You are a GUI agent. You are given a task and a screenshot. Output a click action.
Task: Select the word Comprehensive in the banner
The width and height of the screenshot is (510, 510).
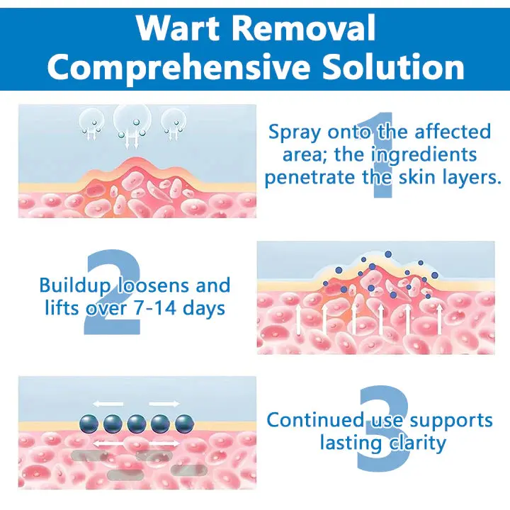pyautogui.click(x=178, y=67)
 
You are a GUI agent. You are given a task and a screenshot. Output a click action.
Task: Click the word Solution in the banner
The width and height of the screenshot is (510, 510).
pyautogui.click(x=393, y=66)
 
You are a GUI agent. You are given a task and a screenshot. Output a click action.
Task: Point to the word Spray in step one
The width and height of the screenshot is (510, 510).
pyautogui.click(x=295, y=132)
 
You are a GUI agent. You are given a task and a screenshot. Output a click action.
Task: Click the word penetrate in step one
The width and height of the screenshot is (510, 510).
pyautogui.click(x=310, y=178)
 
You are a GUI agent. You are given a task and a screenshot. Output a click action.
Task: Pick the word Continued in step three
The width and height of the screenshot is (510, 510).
pyautogui.click(x=314, y=419)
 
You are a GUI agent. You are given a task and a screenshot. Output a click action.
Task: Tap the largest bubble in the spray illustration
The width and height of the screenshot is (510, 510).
pyautogui.click(x=132, y=120)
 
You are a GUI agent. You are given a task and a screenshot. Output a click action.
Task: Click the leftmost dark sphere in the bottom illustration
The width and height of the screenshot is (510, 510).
pyautogui.click(x=89, y=424)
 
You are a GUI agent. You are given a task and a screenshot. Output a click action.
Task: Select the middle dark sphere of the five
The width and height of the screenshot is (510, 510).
pyautogui.click(x=137, y=424)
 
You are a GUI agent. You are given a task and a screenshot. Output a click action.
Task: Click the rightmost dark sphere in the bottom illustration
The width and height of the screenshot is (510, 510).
pyautogui.click(x=184, y=424)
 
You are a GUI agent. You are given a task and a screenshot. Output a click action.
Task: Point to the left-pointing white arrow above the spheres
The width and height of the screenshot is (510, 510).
pyautogui.click(x=108, y=404)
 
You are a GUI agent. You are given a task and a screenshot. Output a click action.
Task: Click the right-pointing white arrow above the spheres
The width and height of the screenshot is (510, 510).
pyautogui.click(x=164, y=404)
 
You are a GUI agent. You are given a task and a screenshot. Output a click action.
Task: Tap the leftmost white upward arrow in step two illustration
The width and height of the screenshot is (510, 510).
pyautogui.click(x=298, y=320)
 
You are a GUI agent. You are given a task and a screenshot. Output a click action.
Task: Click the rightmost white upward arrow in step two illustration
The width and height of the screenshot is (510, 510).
pyautogui.click(x=439, y=319)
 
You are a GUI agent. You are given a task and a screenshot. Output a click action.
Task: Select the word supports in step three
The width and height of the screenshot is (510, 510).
pyautogui.click(x=451, y=421)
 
